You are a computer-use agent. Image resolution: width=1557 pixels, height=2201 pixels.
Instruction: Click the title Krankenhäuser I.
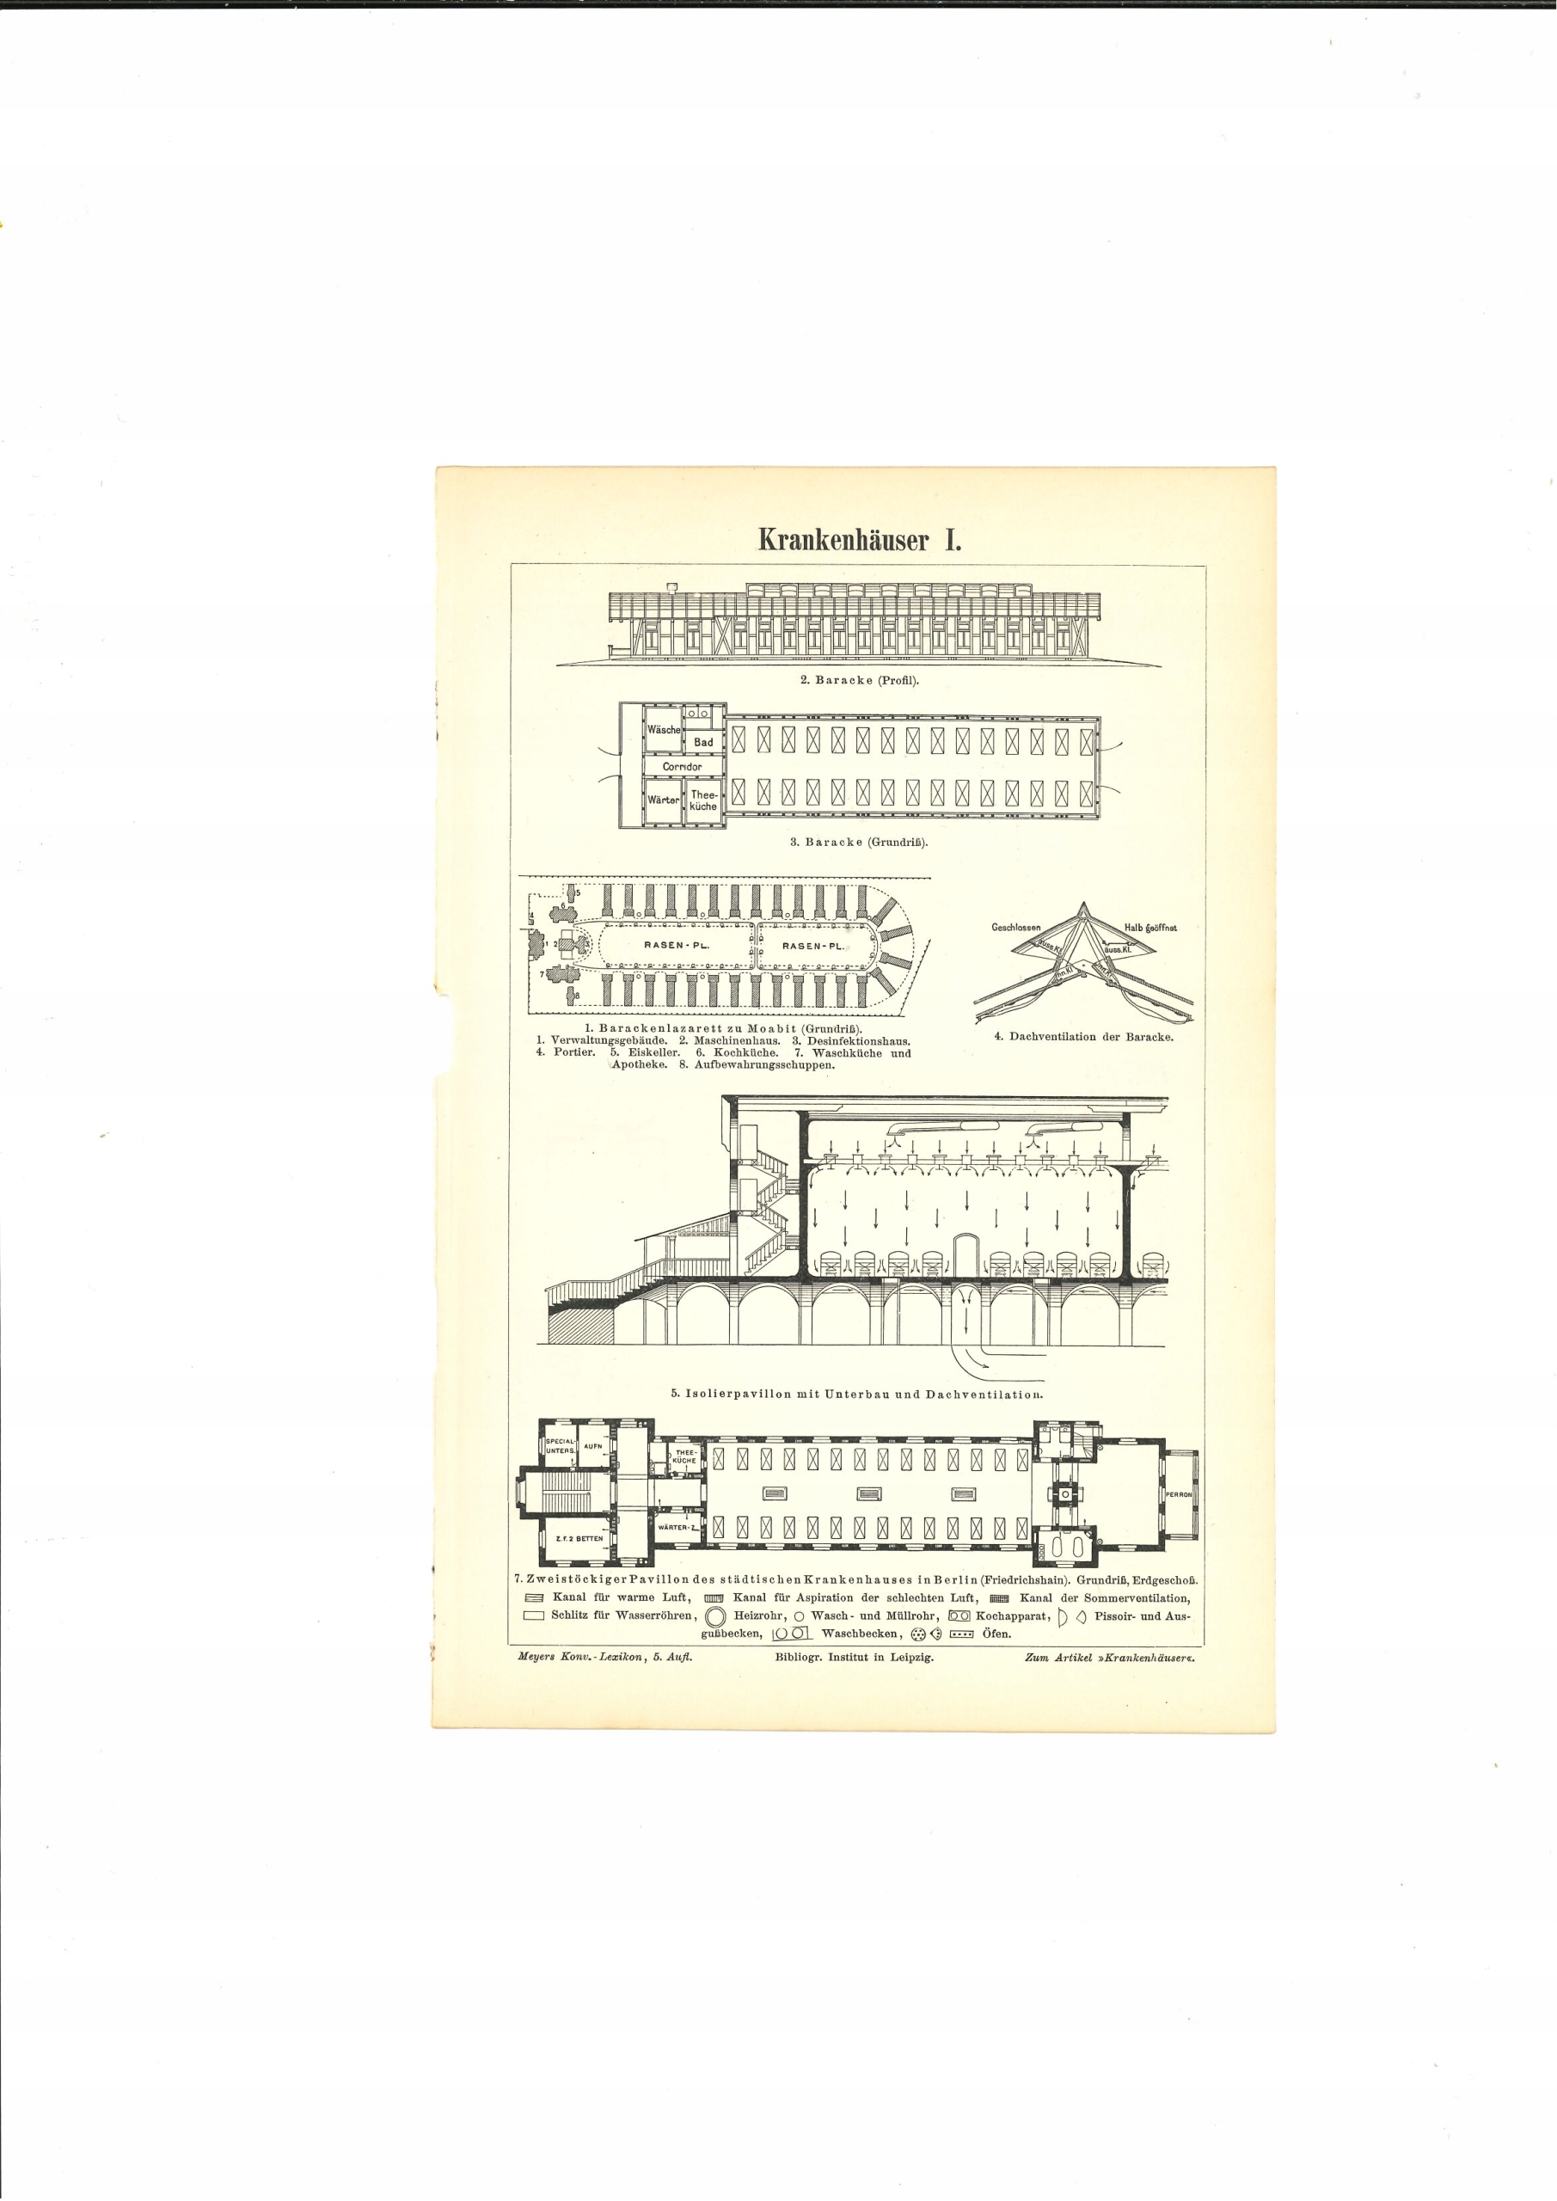coord(859,540)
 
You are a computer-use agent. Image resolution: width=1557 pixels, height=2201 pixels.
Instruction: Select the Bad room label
coord(704,743)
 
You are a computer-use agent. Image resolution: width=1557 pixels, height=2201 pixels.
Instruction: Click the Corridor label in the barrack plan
coord(682,767)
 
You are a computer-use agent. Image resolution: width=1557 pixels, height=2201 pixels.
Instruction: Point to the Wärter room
coord(663,800)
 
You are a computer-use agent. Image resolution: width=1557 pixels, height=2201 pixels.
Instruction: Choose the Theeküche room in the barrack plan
coord(704,800)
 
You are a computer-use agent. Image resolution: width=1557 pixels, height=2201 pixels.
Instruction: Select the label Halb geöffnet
coord(1150,928)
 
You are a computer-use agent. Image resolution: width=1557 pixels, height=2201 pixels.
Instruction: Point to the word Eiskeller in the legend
coord(654,1051)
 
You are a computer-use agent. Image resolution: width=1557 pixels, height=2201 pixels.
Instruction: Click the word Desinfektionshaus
coord(857,1040)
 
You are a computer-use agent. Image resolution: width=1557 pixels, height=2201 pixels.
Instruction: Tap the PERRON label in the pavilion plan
coord(1179,1494)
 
